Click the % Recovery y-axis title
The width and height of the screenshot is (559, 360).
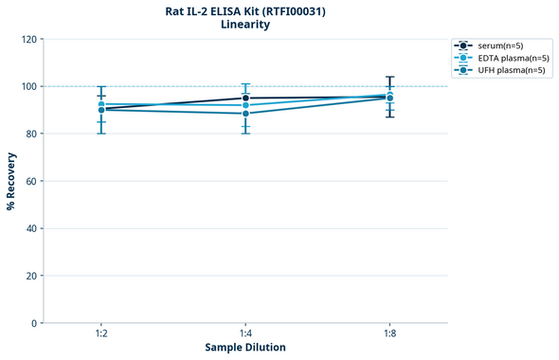click(11, 180)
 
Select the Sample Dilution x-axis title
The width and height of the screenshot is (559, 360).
click(245, 348)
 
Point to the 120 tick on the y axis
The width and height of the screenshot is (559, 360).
click(28, 39)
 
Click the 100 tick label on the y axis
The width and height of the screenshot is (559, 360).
click(28, 86)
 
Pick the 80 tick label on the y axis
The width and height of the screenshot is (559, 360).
click(31, 134)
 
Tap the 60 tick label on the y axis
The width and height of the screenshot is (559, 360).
click(31, 181)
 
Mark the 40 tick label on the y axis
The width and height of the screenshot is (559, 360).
click(31, 228)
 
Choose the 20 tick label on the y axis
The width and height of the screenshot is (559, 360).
click(31, 276)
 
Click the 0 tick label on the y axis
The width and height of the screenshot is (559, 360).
click(34, 323)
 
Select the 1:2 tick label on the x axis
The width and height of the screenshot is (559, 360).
click(101, 333)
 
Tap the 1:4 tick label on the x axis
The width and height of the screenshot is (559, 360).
click(245, 333)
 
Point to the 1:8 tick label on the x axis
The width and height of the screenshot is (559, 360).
click(389, 333)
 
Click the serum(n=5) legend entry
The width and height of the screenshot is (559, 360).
click(499, 45)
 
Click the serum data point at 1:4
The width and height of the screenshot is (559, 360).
click(245, 98)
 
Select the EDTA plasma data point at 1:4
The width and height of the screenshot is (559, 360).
click(245, 105)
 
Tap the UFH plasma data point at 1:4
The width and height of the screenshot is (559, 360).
click(245, 114)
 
